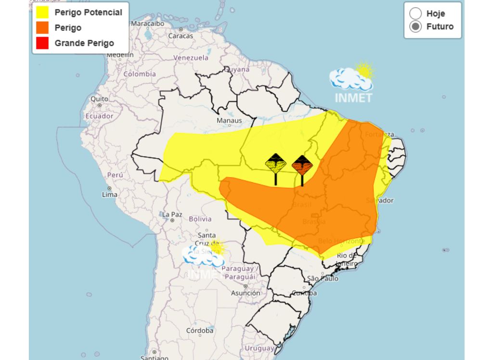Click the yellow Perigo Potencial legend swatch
(x=42, y=13)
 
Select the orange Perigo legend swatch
(x=42, y=28)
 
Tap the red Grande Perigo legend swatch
(x=42, y=43)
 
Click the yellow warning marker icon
(x=276, y=165)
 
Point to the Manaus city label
(x=229, y=120)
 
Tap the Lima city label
(x=110, y=194)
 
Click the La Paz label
(x=172, y=214)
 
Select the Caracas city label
(x=181, y=36)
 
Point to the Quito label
(x=99, y=99)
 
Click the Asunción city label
(x=246, y=293)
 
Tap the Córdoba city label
(x=200, y=331)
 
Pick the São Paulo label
(x=323, y=279)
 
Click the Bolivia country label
(x=200, y=219)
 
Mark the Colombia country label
(x=140, y=74)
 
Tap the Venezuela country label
(x=191, y=58)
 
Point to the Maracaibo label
(x=148, y=23)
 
